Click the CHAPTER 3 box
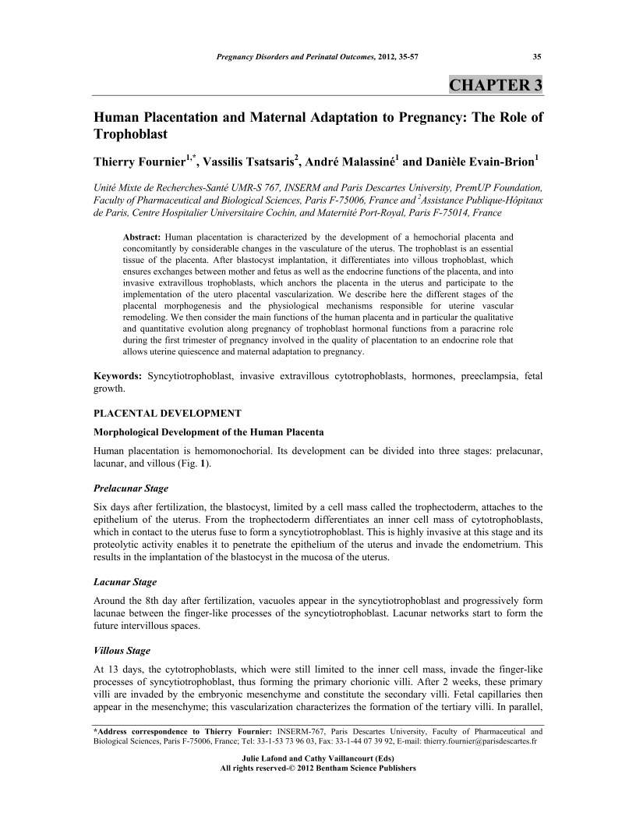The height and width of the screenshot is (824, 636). [495, 85]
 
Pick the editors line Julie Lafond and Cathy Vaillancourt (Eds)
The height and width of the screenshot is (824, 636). [319, 758]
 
